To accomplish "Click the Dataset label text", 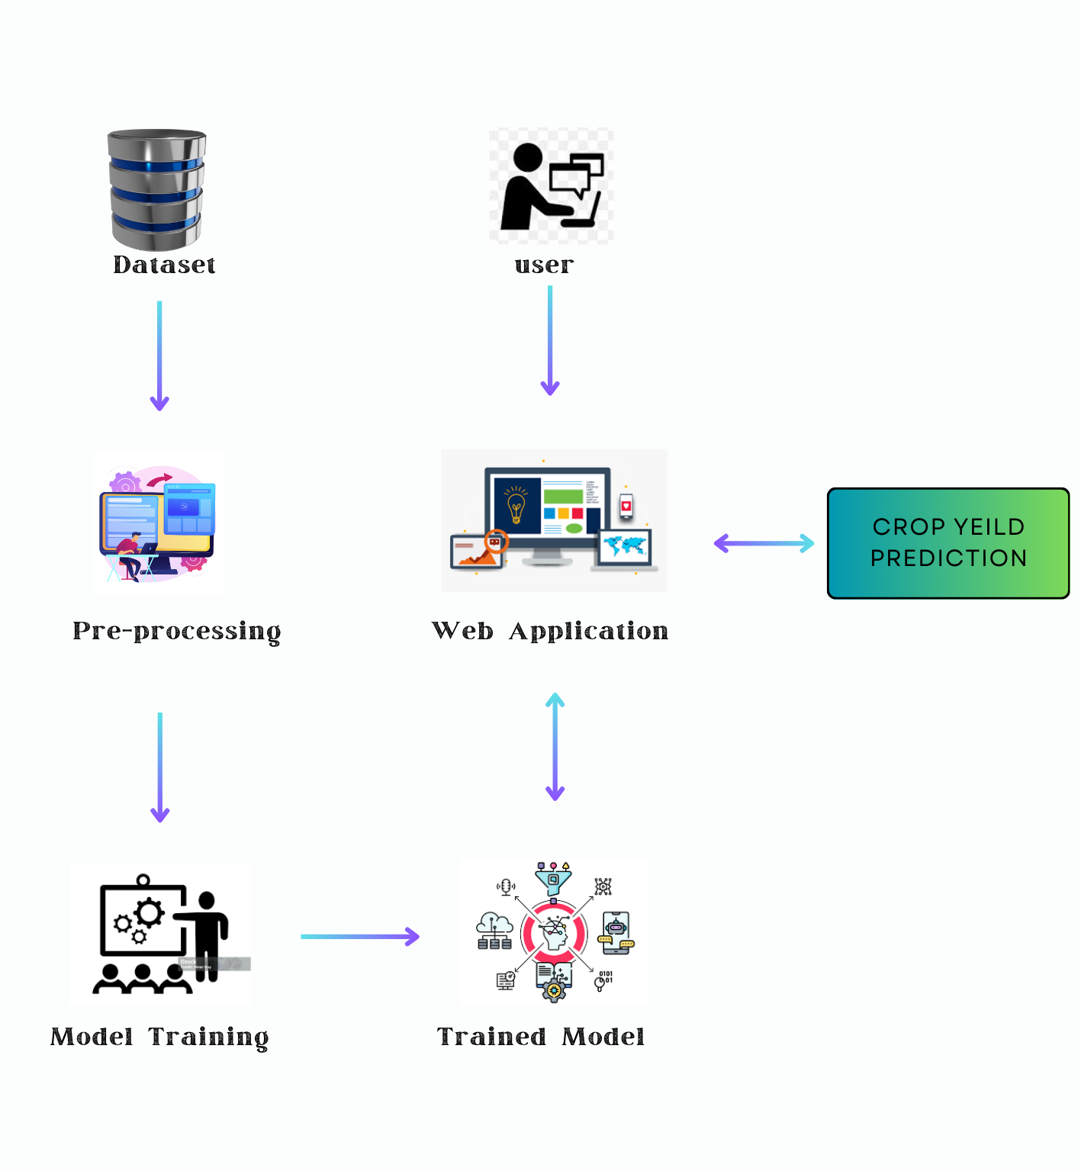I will pyautogui.click(x=164, y=265).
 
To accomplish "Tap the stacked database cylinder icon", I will pyautogui.click(x=157, y=189).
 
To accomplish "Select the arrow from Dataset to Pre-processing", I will pyautogui.click(x=159, y=355).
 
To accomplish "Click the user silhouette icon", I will pyautogui.click(x=550, y=185).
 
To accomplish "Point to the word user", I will pyautogui.click(x=544, y=265).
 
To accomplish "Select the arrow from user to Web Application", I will pyautogui.click(x=550, y=340).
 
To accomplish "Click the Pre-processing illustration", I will pyautogui.click(x=158, y=523).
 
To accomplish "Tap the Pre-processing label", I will pyautogui.click(x=176, y=632).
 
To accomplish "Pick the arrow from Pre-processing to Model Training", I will pyautogui.click(x=160, y=767).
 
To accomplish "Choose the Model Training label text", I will pyautogui.click(x=159, y=1037).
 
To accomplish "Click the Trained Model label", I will pyautogui.click(x=541, y=1037).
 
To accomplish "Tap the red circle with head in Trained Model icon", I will pyautogui.click(x=554, y=933).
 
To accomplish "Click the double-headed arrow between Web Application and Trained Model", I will pyautogui.click(x=555, y=746).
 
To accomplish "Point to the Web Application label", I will pyautogui.click(x=550, y=631).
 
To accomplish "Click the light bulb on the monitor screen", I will pyautogui.click(x=516, y=505).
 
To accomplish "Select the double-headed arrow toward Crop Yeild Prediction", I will pyautogui.click(x=764, y=543).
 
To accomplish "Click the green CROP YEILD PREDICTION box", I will pyautogui.click(x=948, y=543).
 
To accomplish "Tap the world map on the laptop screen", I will pyautogui.click(x=626, y=545).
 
